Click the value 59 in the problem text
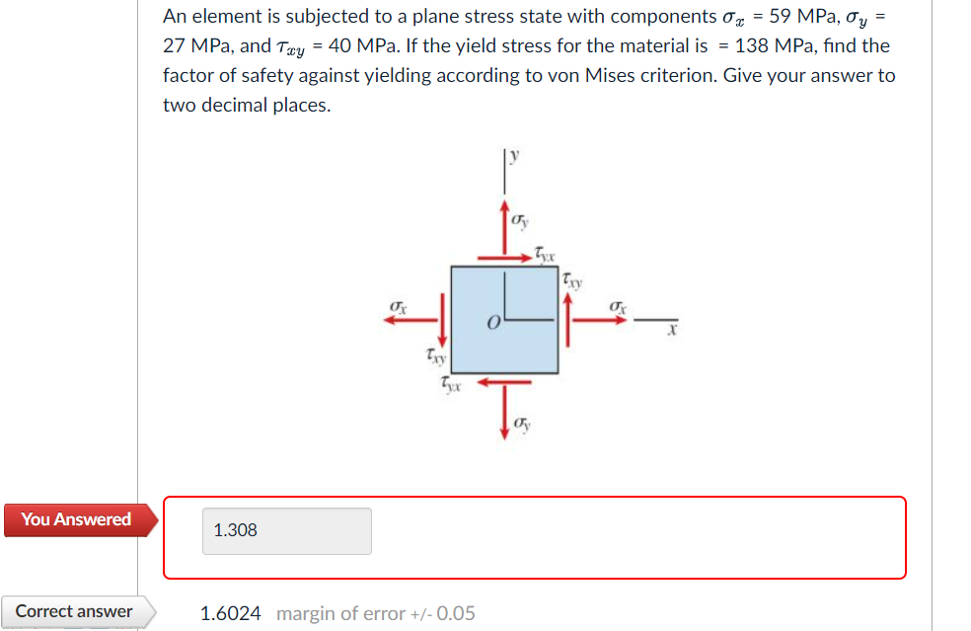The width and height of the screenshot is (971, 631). coord(780,17)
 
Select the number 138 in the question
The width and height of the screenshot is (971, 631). coord(751,45)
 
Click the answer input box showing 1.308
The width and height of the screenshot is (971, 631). coord(287,531)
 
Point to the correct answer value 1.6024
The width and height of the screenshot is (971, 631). coord(230,613)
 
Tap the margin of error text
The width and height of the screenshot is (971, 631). coord(375,613)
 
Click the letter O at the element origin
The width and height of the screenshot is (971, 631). coord(493,323)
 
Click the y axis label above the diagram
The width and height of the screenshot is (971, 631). coord(514,156)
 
